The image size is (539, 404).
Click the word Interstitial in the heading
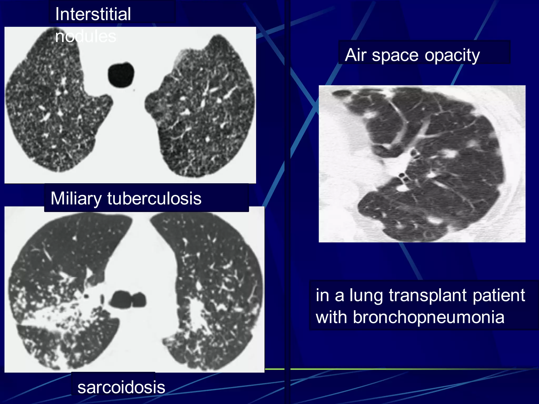(x=93, y=14)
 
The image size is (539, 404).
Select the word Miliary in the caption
(x=76, y=198)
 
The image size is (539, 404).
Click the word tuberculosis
(x=154, y=198)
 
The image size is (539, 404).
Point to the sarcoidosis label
(x=121, y=387)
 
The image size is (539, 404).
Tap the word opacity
(x=452, y=55)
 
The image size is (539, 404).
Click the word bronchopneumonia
(x=428, y=317)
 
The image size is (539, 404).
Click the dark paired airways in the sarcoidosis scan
(x=128, y=299)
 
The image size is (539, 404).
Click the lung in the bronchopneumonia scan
(x=434, y=163)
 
